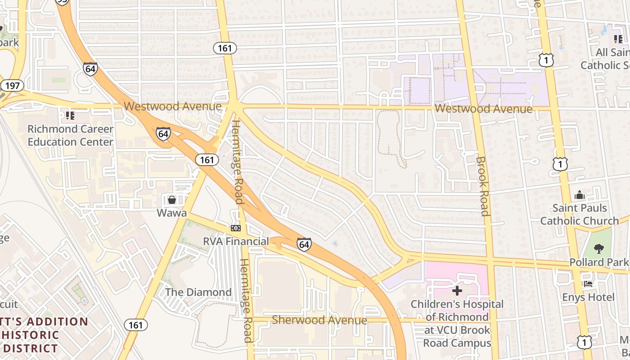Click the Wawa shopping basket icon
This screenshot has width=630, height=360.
click(171, 199)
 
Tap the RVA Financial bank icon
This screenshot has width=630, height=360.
click(236, 228)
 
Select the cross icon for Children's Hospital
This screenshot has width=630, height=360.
click(457, 291)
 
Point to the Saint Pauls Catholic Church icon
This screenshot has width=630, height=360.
click(579, 195)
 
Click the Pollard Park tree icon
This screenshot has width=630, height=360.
click(598, 248)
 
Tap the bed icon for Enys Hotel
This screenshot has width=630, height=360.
click(588, 284)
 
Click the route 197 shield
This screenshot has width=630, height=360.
click(12, 85)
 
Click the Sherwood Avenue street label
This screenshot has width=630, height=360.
click(319, 320)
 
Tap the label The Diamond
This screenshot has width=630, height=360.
click(198, 292)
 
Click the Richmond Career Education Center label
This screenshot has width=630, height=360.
click(70, 135)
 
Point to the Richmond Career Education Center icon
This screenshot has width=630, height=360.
click(70, 116)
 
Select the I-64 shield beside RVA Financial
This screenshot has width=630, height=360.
click(304, 244)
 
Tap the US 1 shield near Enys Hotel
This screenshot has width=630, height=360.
click(584, 342)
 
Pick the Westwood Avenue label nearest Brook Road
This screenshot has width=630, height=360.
click(484, 109)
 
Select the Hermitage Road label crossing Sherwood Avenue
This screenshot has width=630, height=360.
click(245, 301)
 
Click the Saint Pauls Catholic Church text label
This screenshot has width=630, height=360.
click(579, 215)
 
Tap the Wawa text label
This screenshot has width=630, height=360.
click(171, 212)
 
